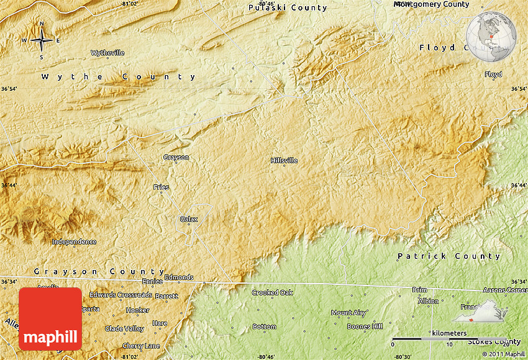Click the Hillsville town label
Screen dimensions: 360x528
point(284,160)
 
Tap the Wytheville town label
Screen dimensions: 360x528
point(107,53)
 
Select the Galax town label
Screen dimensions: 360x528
point(188,219)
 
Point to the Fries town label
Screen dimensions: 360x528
point(161,187)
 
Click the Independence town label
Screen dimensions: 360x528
point(74,241)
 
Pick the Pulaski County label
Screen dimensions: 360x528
point(287,7)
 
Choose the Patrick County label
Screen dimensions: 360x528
point(448,256)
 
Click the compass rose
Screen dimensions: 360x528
point(42,40)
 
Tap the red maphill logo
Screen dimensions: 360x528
point(50,318)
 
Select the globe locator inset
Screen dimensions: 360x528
point(491,37)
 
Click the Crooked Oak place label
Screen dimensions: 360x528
point(272,292)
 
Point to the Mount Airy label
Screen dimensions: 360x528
point(348,313)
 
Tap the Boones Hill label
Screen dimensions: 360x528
point(365,326)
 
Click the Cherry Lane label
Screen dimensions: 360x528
point(141,346)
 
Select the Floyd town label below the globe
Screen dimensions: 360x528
point(493,74)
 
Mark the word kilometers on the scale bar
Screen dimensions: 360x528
point(450,333)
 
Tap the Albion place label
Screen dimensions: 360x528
point(428,301)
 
